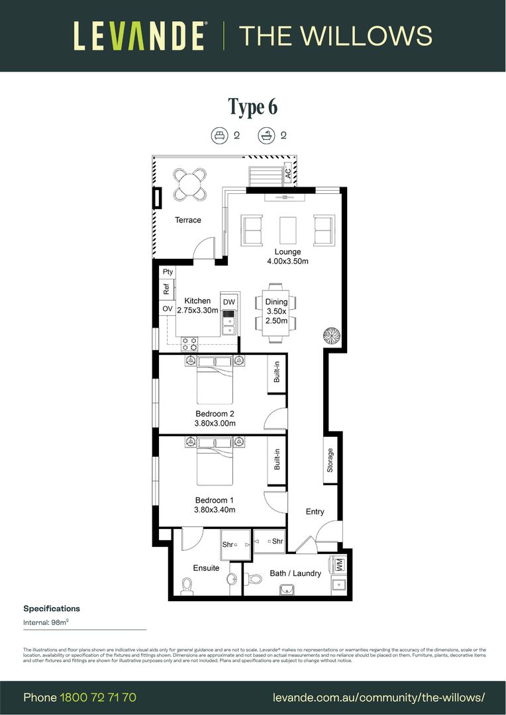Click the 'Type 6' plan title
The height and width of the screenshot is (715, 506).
click(252, 107)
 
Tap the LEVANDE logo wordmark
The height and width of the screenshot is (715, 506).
click(139, 36)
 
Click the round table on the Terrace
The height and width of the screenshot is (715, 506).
click(189, 184)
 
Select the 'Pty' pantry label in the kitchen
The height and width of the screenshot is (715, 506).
click(168, 272)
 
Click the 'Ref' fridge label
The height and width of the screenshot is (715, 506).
click(167, 289)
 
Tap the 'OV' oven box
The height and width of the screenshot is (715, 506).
click(168, 309)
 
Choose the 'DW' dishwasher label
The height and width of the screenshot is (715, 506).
click(228, 303)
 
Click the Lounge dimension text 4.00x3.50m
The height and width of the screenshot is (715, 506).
click(287, 261)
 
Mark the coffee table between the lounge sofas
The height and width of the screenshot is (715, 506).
click(287, 230)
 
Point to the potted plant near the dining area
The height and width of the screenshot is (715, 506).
click(331, 336)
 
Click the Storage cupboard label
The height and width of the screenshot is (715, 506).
click(330, 460)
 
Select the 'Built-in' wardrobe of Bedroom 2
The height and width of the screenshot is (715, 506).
click(277, 375)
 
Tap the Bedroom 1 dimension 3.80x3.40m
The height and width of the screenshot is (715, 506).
click(215, 510)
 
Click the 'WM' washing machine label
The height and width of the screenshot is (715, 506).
click(339, 565)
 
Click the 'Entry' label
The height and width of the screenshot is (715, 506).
click(315, 511)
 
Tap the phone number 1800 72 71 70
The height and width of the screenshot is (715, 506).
click(98, 698)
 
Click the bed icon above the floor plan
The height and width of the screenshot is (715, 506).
click(219, 136)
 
